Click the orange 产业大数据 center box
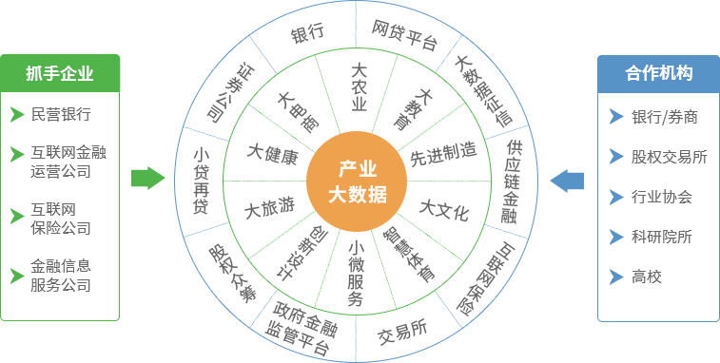pyautogui.click(x=357, y=181)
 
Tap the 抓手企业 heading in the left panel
pyautogui.click(x=60, y=73)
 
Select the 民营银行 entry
pyautogui.click(x=61, y=115)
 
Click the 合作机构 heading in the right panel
pyautogui.click(x=658, y=73)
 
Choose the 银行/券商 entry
pyautogui.click(x=665, y=117)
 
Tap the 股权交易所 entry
pyautogui.click(x=670, y=157)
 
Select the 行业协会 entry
pyautogui.click(x=662, y=197)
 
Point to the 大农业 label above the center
pyautogui.click(x=359, y=87)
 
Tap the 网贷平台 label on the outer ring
pyautogui.click(x=405, y=34)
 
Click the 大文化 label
pyautogui.click(x=444, y=210)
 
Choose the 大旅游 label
pyautogui.click(x=265, y=208)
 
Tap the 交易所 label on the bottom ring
pyautogui.click(x=401, y=332)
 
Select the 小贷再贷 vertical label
pyautogui.click(x=201, y=181)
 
